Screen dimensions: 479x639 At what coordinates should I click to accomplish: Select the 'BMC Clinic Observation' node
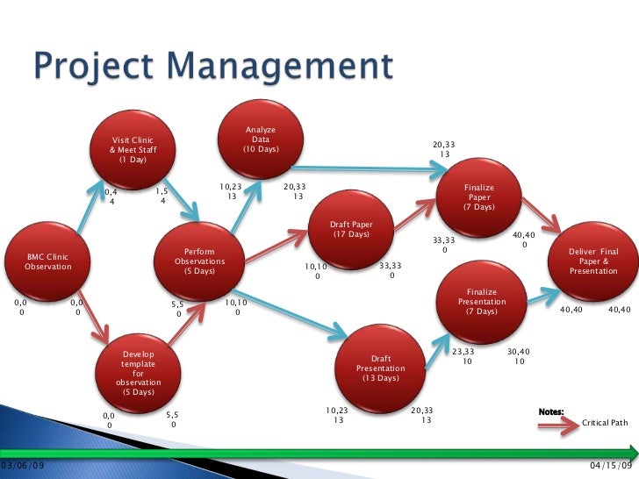48,261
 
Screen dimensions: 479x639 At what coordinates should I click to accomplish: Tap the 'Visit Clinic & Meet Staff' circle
133,150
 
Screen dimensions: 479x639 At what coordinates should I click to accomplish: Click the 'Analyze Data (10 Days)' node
261,139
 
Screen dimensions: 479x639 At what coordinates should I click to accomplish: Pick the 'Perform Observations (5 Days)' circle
199,261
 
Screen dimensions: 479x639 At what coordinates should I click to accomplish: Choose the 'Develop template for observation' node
137,373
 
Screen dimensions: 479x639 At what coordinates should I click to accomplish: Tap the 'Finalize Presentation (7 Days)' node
482,302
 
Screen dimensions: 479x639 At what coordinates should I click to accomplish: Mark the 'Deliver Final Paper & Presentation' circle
593,261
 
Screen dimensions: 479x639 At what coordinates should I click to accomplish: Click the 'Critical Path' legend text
605,423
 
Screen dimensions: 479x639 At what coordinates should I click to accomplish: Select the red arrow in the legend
558,423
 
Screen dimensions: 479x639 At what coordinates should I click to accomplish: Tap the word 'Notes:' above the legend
550,411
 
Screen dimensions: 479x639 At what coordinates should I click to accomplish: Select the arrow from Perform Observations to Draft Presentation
290,311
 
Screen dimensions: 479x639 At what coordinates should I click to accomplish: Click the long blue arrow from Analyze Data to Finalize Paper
369,168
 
